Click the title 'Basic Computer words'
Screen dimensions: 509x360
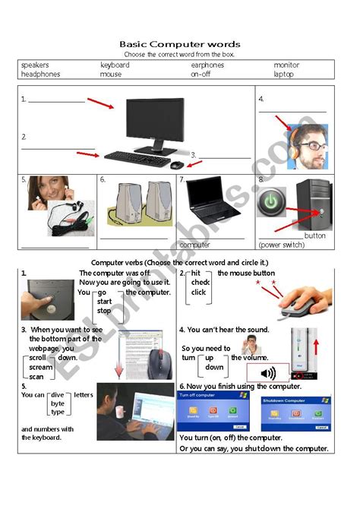[179, 44]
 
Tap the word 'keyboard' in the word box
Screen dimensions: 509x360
[115, 65]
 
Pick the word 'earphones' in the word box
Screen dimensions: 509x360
[207, 65]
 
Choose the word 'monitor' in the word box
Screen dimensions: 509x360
[286, 65]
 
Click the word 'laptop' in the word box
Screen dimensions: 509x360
[283, 74]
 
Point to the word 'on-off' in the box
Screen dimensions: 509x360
[201, 74]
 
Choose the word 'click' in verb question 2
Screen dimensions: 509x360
[199, 292]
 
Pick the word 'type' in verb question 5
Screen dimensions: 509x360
[58, 412]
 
